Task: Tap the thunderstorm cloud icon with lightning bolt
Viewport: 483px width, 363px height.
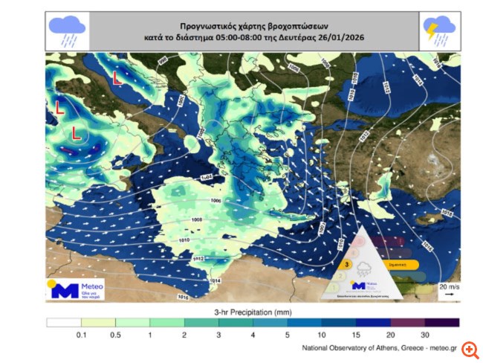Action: (438, 30)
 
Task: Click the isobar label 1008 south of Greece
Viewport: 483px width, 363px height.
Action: (198, 220)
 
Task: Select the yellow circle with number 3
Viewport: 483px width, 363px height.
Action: (347, 264)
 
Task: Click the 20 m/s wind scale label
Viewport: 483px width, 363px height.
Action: (447, 286)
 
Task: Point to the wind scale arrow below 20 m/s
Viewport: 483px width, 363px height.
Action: (448, 294)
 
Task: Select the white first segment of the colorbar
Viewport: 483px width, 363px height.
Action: (62, 322)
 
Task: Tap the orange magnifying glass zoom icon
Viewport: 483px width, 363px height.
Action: (469, 350)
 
